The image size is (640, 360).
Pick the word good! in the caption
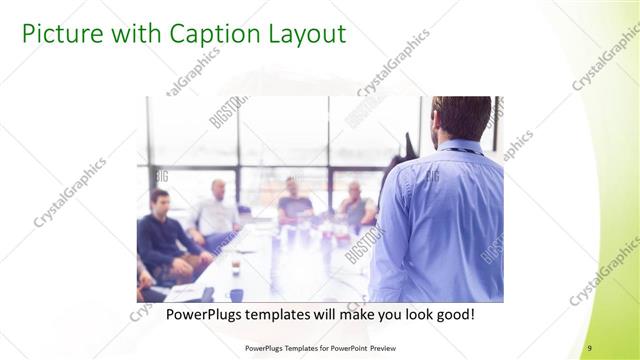452,314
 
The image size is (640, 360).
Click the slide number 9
590,347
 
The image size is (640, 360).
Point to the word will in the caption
303,314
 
